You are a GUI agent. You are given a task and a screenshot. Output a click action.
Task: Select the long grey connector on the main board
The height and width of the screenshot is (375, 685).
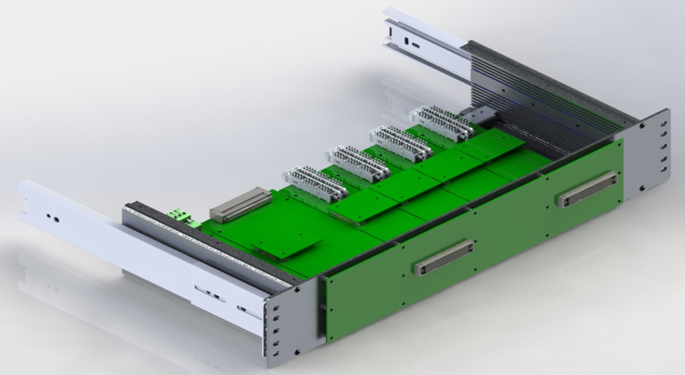pyautogui.click(x=241, y=204)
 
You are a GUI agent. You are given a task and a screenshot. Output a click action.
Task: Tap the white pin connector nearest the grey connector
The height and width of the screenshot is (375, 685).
pyautogui.click(x=315, y=184)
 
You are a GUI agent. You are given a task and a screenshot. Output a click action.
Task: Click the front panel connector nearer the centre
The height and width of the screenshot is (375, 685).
pyautogui.click(x=444, y=257)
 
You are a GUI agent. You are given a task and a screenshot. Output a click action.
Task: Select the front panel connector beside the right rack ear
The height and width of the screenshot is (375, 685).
pyautogui.click(x=587, y=189)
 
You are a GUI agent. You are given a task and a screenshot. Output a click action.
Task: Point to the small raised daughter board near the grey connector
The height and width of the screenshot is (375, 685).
pyautogui.click(x=286, y=245)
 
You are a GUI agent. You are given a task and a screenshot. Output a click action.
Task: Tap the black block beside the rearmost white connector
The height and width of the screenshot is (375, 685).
pyautogui.click(x=475, y=115)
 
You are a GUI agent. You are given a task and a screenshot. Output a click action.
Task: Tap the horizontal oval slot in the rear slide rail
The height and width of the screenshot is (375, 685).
pyautogui.click(x=414, y=45)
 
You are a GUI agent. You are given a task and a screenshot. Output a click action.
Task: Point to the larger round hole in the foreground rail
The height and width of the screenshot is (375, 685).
pyautogui.click(x=56, y=219)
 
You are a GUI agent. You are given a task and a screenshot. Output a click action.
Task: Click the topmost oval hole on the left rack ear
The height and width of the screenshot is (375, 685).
pyautogui.click(x=276, y=309)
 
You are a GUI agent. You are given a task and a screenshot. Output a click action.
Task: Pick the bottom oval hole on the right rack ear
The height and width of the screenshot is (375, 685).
pyautogui.click(x=664, y=169)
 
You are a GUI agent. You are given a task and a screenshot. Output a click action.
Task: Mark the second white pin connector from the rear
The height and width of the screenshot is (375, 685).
pyautogui.click(x=400, y=143)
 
